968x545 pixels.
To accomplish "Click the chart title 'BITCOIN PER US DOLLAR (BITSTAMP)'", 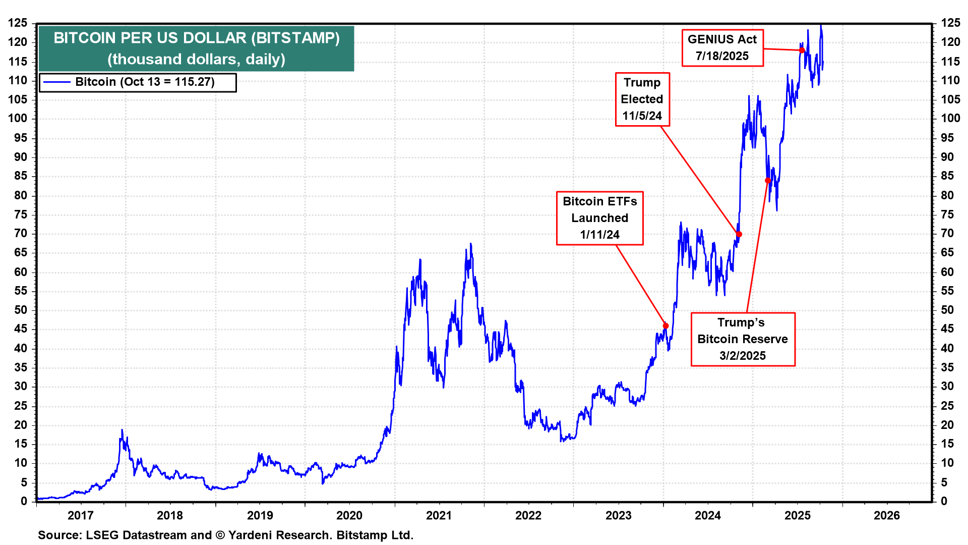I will point(197,38).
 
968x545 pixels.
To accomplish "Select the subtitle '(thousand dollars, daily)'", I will point(196,59).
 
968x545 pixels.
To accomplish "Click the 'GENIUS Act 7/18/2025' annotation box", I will point(722,48).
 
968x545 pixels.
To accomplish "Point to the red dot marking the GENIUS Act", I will point(802,50).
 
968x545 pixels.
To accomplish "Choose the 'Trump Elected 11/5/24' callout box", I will point(642,99).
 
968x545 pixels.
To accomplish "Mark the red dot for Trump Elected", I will point(739,234).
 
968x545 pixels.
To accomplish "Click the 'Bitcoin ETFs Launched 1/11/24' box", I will point(599,218).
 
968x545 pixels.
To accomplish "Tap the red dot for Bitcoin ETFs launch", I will point(665,326).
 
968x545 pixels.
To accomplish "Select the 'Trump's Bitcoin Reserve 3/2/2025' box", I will point(742,339).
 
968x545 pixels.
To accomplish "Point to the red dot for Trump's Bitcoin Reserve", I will point(768,181).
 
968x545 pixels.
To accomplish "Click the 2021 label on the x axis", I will point(439,515).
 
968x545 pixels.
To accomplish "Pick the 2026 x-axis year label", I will point(887,515).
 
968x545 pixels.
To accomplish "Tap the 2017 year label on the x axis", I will point(81,515).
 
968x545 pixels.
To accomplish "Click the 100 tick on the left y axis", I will point(18,119).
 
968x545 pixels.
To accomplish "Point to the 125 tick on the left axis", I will point(18,23).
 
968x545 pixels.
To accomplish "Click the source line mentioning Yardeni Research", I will point(225,535).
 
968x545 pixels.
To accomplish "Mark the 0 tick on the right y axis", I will point(944,501).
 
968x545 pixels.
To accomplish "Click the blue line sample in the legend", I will point(56,82).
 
